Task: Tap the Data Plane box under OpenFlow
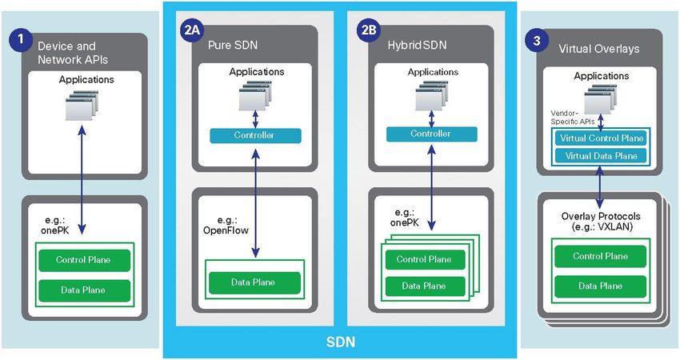click(254, 282)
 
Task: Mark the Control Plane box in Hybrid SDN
click(423, 258)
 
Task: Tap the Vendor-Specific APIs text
click(569, 118)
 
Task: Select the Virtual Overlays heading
click(598, 49)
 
